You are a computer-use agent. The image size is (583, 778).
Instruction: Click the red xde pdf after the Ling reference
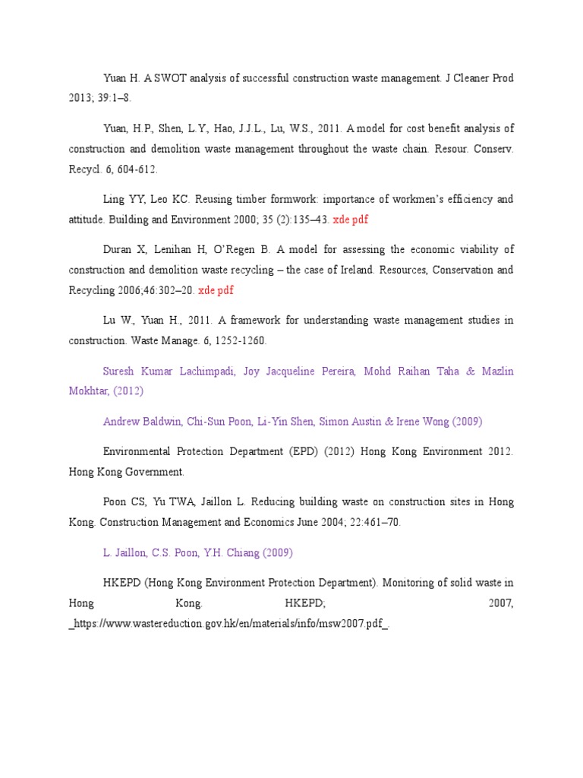pyautogui.click(x=351, y=220)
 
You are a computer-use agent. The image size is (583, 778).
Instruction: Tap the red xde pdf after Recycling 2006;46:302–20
pyautogui.click(x=216, y=290)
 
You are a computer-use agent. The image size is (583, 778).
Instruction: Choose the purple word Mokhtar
pyautogui.click(x=90, y=391)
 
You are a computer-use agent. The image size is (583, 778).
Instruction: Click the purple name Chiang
pyautogui.click(x=242, y=553)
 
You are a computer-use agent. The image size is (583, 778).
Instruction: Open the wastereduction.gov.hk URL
pyautogui.click(x=228, y=624)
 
